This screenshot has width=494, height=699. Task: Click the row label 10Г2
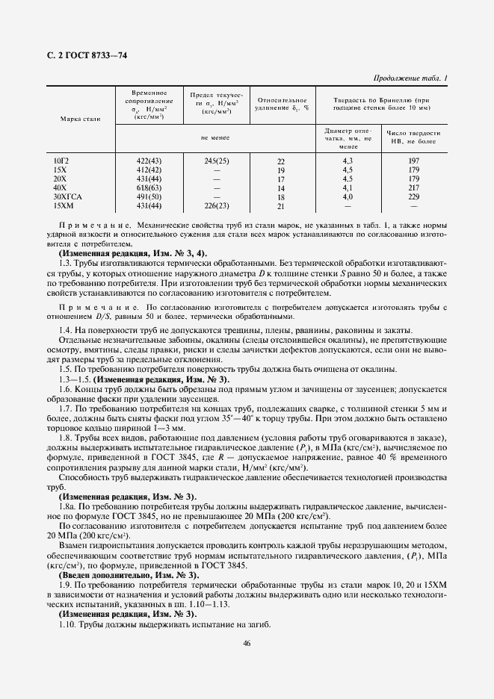coord(61,160)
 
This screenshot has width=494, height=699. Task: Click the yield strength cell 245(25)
coord(217,160)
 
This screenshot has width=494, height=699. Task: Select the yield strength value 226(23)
coord(217,205)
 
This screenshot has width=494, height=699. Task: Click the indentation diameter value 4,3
coord(348,160)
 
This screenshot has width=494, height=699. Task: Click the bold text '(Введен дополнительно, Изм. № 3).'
coord(128,576)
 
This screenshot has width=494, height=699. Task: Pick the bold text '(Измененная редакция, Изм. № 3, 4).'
coord(132,254)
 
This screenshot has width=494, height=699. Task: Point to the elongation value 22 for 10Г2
coord(281,161)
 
